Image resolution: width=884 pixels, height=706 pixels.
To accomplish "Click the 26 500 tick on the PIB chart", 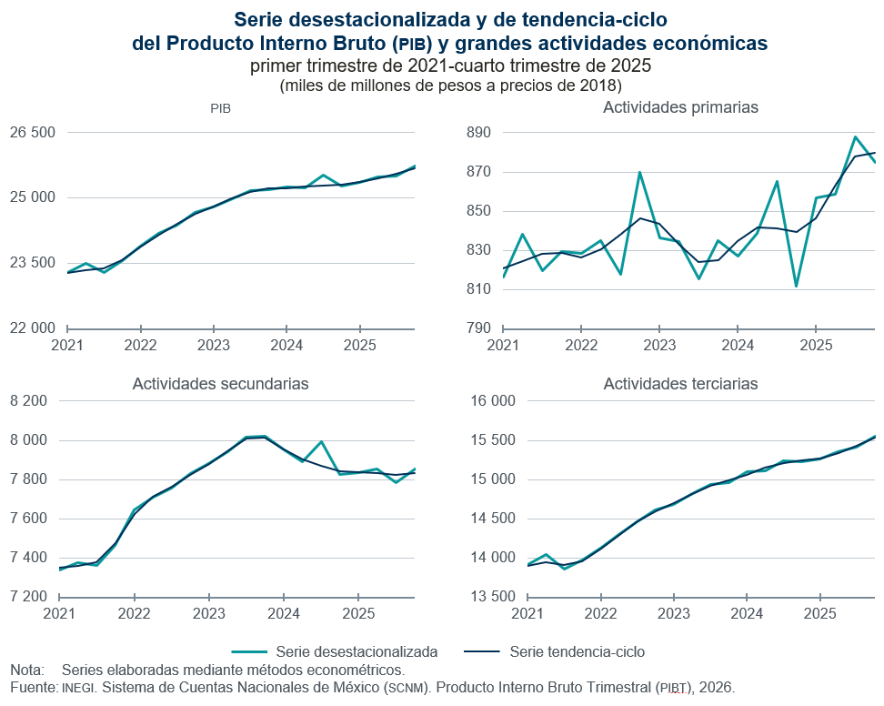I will [33, 133].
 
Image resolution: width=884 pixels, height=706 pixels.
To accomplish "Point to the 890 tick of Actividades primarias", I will [478, 133].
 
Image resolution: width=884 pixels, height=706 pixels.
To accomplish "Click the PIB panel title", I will [220, 108].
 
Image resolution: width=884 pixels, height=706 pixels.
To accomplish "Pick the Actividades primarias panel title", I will [680, 107].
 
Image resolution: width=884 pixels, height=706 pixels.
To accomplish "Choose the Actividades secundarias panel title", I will [220, 384].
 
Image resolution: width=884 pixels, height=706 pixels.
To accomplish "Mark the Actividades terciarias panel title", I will [680, 384].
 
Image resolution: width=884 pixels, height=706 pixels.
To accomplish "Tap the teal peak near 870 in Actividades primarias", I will [639, 172].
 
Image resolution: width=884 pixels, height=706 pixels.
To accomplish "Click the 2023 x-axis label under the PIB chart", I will [214, 346].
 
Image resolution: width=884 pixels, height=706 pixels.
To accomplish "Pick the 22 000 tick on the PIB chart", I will [33, 328].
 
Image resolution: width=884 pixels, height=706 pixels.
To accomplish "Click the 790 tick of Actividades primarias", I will [478, 328].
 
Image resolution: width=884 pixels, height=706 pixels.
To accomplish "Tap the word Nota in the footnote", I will [26, 670].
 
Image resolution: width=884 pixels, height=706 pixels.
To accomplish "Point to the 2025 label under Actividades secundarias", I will [359, 614].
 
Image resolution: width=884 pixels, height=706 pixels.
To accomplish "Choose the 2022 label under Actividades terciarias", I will [600, 614].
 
